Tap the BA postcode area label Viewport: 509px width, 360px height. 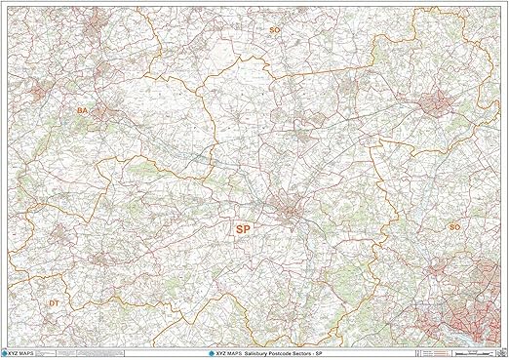[82, 111]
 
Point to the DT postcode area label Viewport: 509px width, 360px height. [55, 303]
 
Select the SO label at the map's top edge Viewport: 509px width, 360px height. [274, 30]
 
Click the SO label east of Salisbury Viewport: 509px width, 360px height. [453, 226]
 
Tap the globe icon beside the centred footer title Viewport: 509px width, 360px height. [214, 351]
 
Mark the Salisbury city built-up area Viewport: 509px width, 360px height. [291, 212]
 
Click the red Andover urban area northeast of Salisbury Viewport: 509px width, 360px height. [433, 100]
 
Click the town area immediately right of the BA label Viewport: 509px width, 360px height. [104, 113]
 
